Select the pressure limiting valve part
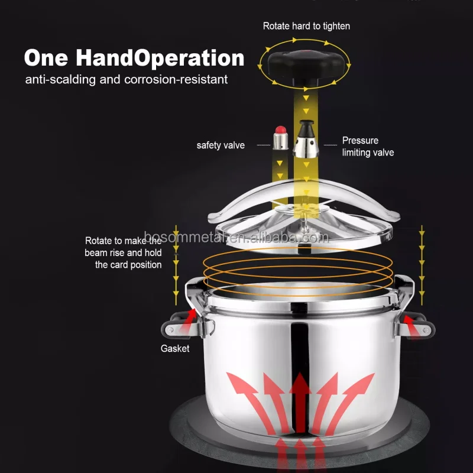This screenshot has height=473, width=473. click(x=306, y=139)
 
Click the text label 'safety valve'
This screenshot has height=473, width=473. click(x=221, y=145)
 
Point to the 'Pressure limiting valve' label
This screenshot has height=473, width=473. click(x=368, y=147)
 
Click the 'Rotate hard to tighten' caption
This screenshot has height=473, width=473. click(x=306, y=26)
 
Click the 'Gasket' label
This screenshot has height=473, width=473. click(x=175, y=348)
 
